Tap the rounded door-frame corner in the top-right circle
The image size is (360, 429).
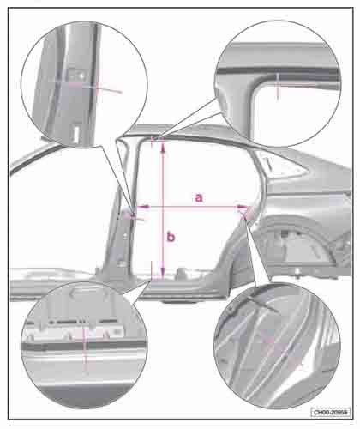click(x=236, y=82)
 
